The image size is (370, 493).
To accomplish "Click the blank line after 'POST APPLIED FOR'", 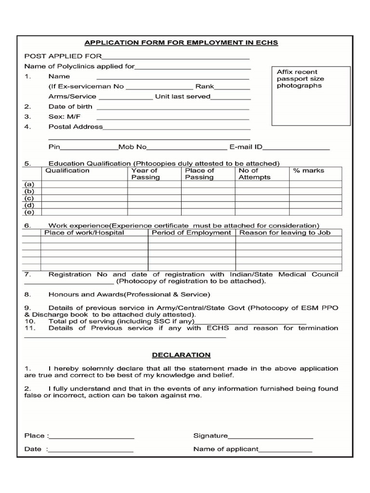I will point(176,57).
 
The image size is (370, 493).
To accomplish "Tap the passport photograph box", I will point(311,96).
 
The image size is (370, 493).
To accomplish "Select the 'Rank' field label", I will point(204,87).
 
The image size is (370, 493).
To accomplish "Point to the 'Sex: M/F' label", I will point(64,117).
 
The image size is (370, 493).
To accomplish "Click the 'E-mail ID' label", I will point(245,147).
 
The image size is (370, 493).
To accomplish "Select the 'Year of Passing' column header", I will point(145,174).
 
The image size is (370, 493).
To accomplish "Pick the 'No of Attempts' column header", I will point(254,174).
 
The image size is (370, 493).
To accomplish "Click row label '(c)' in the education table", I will point(30,198).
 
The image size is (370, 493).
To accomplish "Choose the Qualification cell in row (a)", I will point(84,184).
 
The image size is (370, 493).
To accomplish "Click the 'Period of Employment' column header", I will point(191,233).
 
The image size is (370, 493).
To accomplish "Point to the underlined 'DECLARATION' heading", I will point(181,355).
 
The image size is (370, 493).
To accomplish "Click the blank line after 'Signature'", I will point(270,437).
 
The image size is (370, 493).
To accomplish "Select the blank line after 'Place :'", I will point(92,437).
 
